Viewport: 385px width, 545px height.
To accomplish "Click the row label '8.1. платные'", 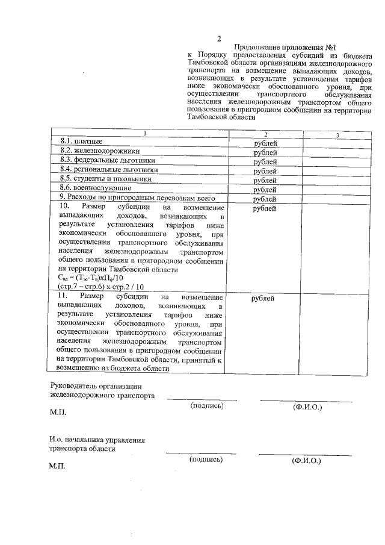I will pyautogui.click(x=81, y=142).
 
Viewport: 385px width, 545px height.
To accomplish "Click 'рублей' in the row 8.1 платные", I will pyautogui.click(x=265, y=143).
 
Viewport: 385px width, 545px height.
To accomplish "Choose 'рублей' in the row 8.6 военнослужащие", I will pyautogui.click(x=265, y=190).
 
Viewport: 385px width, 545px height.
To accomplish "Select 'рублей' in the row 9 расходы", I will pyautogui.click(x=265, y=199).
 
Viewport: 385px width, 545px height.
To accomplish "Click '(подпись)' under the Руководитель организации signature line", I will pyautogui.click(x=206, y=406).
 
